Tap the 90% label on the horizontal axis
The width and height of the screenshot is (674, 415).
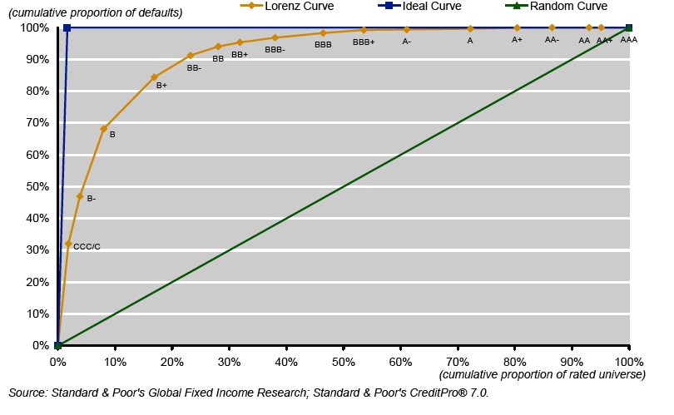click(572, 362)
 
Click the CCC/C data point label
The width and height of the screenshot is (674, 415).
click(87, 247)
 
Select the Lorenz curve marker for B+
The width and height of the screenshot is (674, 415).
click(154, 77)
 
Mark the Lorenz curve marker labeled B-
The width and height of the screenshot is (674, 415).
click(80, 196)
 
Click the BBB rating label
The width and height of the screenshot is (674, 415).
click(324, 45)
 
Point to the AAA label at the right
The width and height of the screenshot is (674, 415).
click(629, 40)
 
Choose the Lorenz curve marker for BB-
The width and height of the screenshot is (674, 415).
click(191, 56)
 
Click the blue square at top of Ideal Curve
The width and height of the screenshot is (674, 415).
click(67, 27)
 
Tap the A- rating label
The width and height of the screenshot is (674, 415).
click(406, 41)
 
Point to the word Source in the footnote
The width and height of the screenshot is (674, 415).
click(27, 393)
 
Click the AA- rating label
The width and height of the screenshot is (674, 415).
click(552, 40)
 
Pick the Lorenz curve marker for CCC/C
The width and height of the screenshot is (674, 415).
click(68, 244)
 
